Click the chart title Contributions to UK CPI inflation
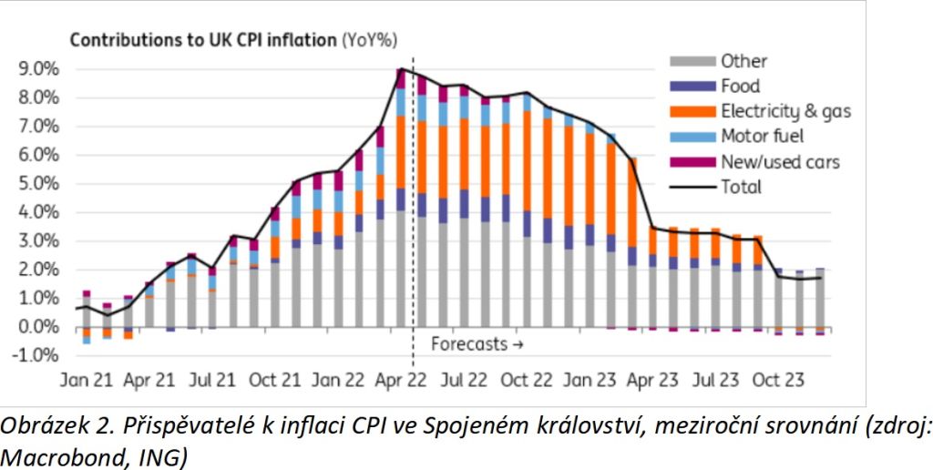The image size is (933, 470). point(204,40)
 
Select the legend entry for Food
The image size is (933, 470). point(741,87)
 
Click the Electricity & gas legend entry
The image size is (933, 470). point(785,112)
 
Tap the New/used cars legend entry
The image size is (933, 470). point(779,162)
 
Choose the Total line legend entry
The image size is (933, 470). point(741,188)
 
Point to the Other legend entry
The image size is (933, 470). point(743,61)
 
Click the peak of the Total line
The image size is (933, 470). point(401,69)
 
